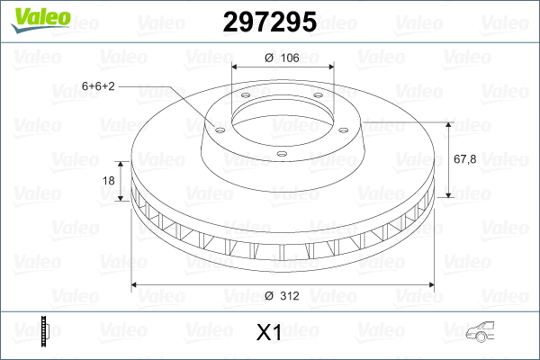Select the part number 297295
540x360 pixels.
[269, 22]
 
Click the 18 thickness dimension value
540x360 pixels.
[109, 181]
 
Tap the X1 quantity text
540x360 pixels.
[269, 333]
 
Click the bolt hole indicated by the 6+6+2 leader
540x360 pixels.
[218, 126]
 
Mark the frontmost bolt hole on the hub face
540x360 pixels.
[281, 154]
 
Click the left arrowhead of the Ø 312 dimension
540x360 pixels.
[136, 285]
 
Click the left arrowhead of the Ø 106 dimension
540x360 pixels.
[235, 67]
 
